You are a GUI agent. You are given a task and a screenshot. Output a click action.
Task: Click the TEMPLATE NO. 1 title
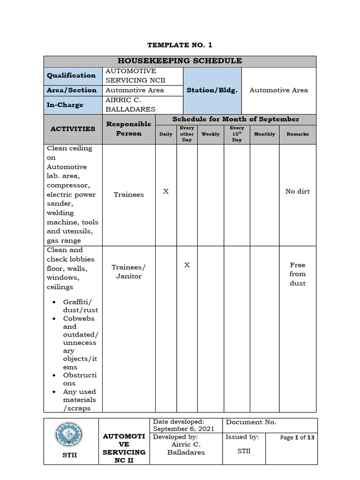180,45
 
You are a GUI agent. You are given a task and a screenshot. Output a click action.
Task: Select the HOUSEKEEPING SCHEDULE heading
180,61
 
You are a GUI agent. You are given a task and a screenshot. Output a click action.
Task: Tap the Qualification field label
71,75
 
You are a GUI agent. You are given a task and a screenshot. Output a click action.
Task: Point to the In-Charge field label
65,105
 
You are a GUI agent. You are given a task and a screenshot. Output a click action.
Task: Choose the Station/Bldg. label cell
212,90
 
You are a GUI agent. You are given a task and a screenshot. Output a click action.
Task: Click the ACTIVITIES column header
73,129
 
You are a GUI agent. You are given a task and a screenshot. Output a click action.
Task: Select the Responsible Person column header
129,129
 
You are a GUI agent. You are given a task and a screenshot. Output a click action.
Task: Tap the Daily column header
165,134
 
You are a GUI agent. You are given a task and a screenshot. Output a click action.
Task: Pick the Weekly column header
210,134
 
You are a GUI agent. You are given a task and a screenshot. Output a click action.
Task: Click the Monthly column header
264,134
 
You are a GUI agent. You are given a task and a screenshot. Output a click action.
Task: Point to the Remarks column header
298,134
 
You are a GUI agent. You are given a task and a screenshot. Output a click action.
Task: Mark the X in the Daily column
165,192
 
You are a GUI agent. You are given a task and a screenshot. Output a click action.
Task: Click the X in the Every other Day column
187,265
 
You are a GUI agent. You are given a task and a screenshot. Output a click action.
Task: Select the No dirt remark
298,192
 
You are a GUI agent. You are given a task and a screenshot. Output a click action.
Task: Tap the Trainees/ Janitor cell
129,271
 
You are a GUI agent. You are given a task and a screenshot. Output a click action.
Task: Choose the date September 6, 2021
184,429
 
